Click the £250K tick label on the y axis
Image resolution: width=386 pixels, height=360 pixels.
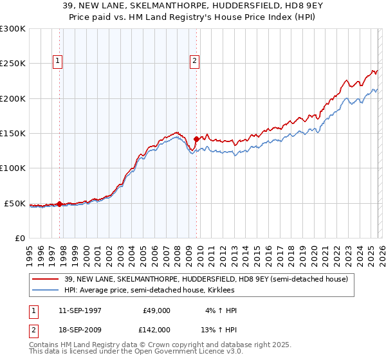coord(13,64)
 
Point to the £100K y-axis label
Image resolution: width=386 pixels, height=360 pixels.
coord(13,168)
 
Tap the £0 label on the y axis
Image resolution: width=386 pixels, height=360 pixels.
coord(21,238)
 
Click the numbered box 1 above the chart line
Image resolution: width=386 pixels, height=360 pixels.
coord(58,61)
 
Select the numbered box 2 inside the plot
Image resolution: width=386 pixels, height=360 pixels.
coord(194,61)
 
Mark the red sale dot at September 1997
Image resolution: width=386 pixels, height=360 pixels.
coord(60,204)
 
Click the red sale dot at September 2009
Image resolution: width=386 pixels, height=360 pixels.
coord(196,138)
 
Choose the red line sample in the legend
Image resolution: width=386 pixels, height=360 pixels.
coord(46,279)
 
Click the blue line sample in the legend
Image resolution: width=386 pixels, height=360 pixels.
coord(46,290)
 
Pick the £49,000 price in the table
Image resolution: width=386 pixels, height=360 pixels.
coord(156,310)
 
